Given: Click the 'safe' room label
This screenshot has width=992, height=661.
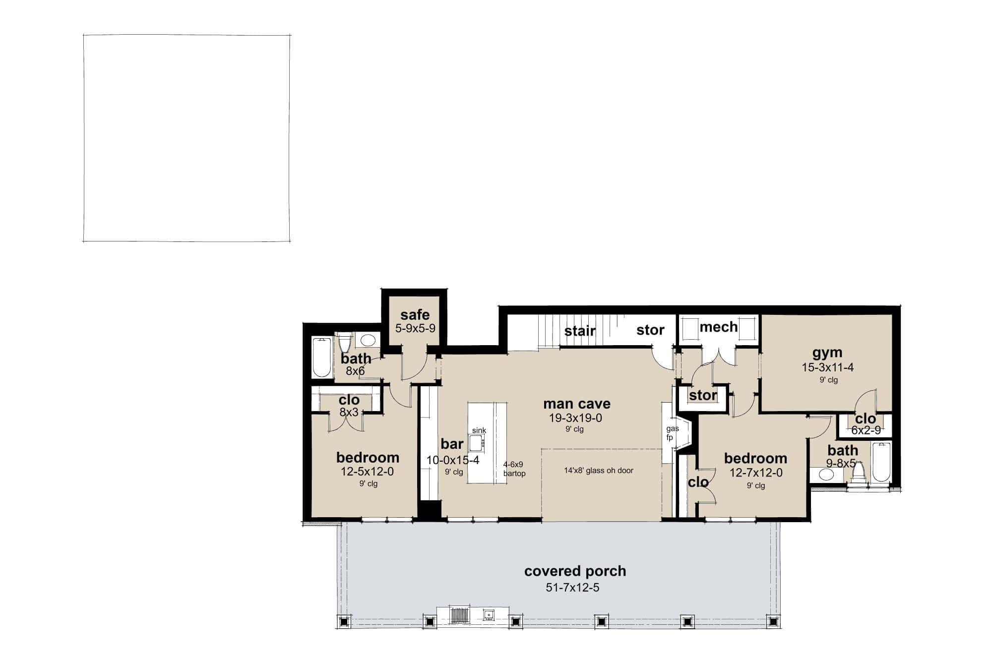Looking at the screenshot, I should pos(415,315).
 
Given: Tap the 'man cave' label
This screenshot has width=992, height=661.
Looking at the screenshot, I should pos(576,404).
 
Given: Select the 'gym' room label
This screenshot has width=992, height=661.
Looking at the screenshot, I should pos(827,353).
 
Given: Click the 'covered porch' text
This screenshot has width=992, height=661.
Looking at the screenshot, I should pos(575,571).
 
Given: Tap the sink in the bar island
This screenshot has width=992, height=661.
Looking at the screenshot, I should pos(478,442).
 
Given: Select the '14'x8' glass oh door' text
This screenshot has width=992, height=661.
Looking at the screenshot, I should pos(599,471).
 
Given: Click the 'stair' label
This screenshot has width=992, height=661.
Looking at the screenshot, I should pos(579,331).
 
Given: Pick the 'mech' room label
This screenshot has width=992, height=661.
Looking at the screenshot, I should pos(718,327).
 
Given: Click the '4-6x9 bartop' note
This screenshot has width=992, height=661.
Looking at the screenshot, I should pos(514,469).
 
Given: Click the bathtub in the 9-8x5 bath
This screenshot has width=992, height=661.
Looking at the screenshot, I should pos(881,462).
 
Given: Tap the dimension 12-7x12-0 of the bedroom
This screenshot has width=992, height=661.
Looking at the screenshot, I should pos(755,473).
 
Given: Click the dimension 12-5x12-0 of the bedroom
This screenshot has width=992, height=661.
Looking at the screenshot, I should pos(367,472).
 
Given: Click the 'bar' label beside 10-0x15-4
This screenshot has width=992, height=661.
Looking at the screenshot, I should pos(452,444).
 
